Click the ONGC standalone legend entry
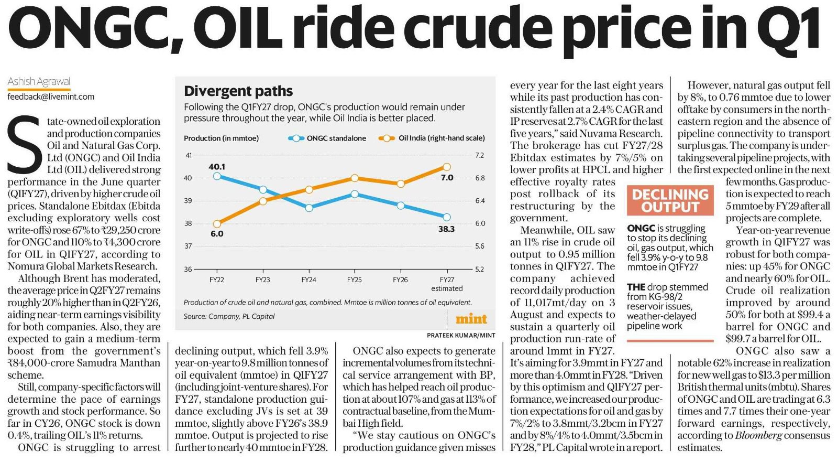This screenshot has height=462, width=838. pos(327,138)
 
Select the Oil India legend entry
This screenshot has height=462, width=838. pos(432,138)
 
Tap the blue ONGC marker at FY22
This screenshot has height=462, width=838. pos(217,176)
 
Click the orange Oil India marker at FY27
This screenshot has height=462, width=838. pos(447,167)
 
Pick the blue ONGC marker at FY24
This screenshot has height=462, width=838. pos(309,208)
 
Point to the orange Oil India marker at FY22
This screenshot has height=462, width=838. pos(217,224)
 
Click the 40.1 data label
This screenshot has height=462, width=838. pos(217,167)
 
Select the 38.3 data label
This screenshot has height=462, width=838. pos(446,229)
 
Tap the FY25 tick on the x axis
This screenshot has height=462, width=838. pos(355,280)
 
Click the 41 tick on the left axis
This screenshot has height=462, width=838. pos(189,156)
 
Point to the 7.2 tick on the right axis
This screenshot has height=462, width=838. pos(480,156)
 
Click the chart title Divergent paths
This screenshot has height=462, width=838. pos(238,91)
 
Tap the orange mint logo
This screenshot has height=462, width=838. pos(471,319)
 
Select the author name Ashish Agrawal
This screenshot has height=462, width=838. pos(39,81)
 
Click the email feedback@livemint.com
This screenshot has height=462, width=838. pos(51,96)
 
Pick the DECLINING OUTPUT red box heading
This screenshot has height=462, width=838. pos(670,200)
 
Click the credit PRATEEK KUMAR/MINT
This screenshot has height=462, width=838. pos(461,335)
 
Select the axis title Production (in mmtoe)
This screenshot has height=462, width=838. pos(221,138)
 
